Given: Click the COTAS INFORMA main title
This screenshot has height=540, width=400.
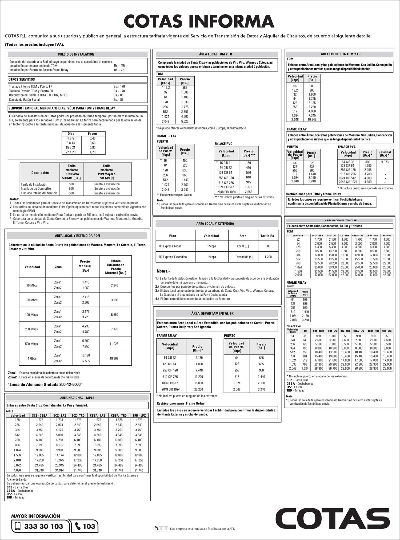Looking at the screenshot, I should [x=199, y=21].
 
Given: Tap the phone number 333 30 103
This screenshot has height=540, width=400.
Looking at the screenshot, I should [x=43, y=526].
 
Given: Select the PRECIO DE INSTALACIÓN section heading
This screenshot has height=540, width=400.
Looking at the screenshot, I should [x=76, y=54].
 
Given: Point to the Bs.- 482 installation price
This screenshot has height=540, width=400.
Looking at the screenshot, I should [x=120, y=65].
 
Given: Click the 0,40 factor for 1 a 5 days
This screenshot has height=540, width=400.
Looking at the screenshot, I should [x=93, y=138].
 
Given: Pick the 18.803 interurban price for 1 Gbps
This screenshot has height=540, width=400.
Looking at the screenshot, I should [x=114, y=358].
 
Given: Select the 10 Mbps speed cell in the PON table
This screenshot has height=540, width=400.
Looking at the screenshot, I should [x=32, y=285].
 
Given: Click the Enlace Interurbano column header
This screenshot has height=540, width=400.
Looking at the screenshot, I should [x=116, y=267].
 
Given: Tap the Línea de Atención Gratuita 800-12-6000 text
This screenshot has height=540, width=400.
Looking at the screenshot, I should [x=45, y=384].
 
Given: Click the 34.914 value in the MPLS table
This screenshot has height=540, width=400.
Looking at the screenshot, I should [x=59, y=470].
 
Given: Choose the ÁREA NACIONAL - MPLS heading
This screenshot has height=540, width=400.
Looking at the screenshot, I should [x=77, y=398].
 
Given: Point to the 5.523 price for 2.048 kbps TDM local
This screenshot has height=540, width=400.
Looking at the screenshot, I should [x=185, y=121].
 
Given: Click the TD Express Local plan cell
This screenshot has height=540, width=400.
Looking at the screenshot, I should [x=170, y=246].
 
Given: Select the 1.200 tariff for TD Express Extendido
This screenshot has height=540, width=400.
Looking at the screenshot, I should [x=268, y=257].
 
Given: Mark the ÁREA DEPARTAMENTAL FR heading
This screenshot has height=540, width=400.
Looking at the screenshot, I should [x=212, y=314].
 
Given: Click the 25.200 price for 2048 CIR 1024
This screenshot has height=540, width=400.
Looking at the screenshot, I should [x=198, y=389].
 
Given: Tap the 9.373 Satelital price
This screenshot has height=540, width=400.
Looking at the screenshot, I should [x=385, y=162].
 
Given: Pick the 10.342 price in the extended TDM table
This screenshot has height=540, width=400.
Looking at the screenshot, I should [x=312, y=119].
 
